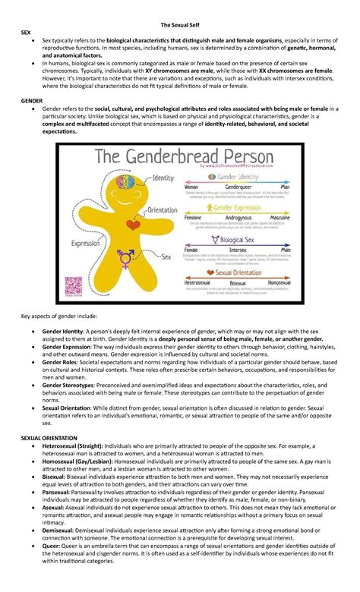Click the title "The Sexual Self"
179,8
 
